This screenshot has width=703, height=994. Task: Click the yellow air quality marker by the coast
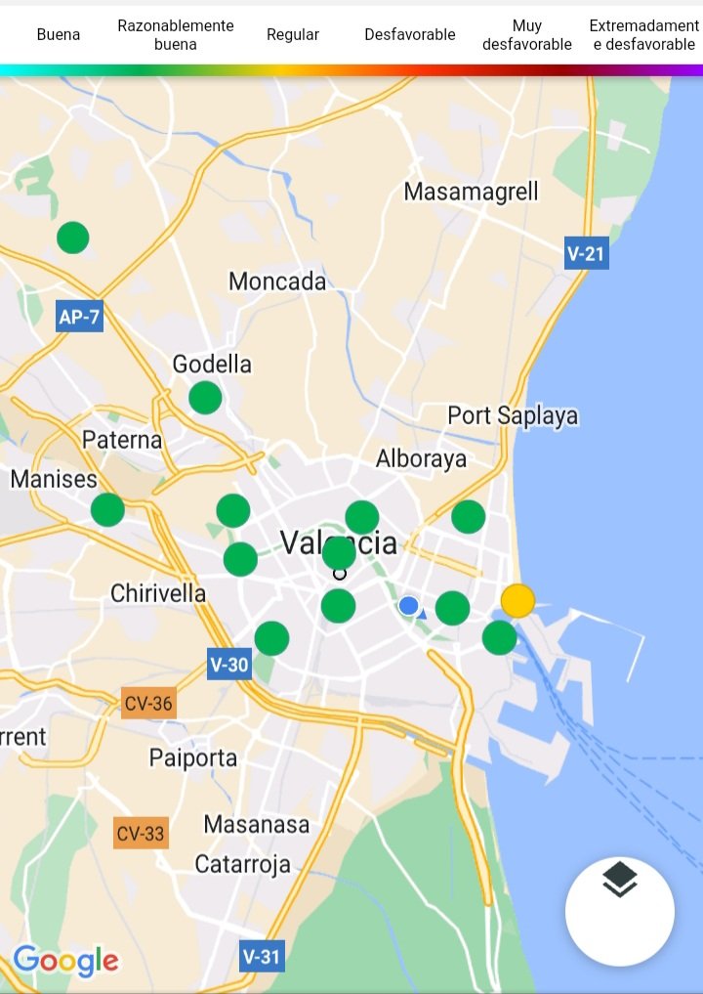click(517, 599)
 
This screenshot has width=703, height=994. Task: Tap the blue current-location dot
click(409, 606)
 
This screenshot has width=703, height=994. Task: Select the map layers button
click(619, 911)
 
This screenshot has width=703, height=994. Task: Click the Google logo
click(65, 961)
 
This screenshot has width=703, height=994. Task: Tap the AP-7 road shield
click(79, 317)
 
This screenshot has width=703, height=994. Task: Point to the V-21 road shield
click(587, 254)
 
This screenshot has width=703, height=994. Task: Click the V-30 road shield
click(229, 666)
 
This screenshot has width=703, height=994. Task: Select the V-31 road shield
click(262, 956)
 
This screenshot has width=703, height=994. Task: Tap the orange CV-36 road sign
click(148, 703)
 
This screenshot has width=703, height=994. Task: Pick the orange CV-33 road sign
click(141, 834)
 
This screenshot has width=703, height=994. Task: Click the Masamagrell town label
click(471, 192)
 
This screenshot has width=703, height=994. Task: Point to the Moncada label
click(277, 281)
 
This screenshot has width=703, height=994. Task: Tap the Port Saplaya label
click(513, 415)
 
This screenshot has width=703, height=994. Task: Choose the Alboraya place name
click(422, 458)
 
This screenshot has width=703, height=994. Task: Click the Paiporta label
click(193, 757)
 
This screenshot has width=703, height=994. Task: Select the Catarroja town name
click(243, 864)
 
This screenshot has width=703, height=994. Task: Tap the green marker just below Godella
click(205, 398)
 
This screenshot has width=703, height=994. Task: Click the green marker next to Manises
click(107, 509)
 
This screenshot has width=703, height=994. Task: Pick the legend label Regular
click(293, 34)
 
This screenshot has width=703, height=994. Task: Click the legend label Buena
click(59, 34)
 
